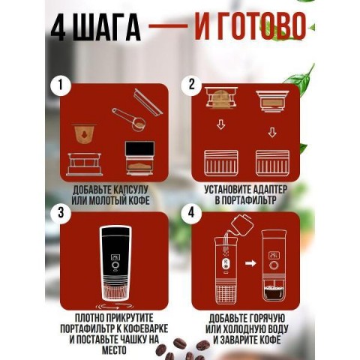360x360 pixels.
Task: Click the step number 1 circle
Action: pos(60,85)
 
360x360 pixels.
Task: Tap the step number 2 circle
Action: pos(191,85)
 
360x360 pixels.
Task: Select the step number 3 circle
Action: pos(60,214)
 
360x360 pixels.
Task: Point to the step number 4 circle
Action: pos(191,213)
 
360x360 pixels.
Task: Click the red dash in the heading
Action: pos(168,26)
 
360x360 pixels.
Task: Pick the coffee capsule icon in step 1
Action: pos(84,133)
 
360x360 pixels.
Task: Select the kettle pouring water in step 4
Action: pos(241,224)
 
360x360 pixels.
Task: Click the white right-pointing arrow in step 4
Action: pos(250,263)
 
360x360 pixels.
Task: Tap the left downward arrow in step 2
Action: pos(220,124)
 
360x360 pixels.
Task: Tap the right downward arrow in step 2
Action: pos(272,132)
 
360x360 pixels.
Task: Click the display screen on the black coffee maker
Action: pos(115,257)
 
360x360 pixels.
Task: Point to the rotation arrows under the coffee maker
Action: pos(115,305)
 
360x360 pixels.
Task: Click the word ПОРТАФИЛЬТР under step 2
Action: pos(250,200)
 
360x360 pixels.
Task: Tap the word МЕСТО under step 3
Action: pos(114,349)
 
